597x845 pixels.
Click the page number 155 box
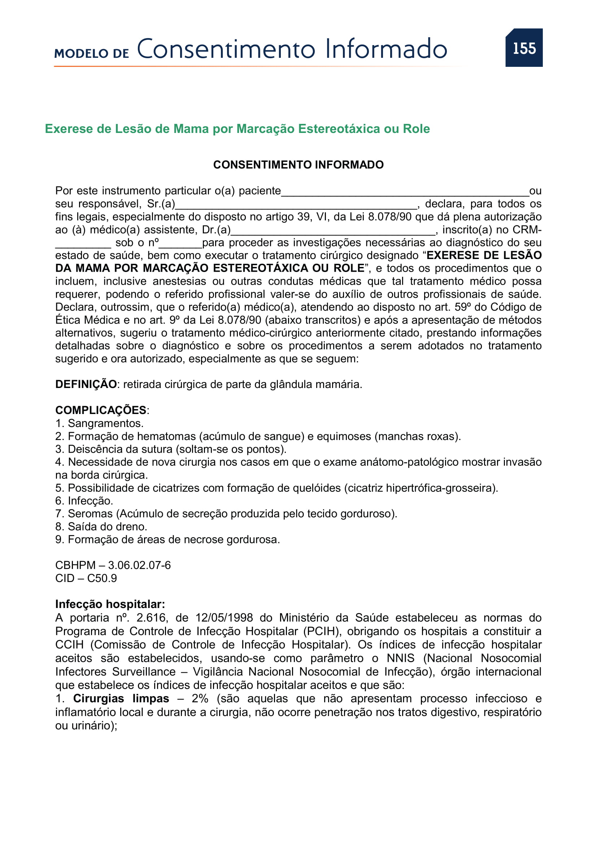tap(524, 48)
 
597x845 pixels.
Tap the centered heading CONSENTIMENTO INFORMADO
tap(298, 164)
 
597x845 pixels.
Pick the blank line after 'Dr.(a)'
tap(333, 231)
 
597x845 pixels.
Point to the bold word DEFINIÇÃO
tap(86, 384)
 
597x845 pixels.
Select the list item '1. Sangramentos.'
tap(99, 423)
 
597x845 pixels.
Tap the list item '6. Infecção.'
tap(84, 500)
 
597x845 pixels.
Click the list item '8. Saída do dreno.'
tap(101, 526)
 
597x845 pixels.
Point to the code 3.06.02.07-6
tap(139, 565)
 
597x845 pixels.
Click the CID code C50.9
tap(102, 578)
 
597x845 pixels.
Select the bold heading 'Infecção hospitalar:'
tap(110, 604)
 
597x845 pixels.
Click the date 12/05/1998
tap(224, 617)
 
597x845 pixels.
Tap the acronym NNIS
tap(400, 658)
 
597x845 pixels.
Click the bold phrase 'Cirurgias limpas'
tap(121, 698)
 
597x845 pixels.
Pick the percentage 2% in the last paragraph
tap(200, 698)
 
